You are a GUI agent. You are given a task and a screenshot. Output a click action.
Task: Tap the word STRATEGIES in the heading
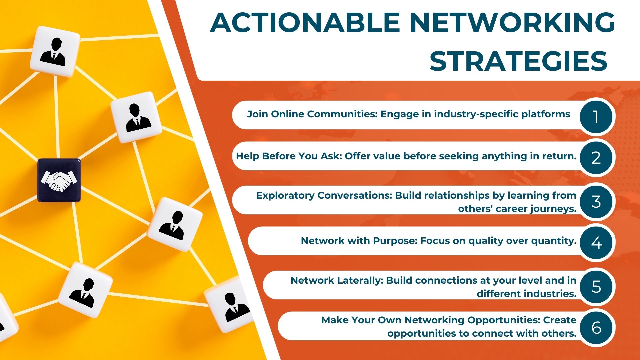pyautogui.click(x=519, y=61)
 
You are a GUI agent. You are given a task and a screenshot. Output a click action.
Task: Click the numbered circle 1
pyautogui.click(x=596, y=117)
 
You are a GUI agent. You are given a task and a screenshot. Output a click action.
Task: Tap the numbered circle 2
pyautogui.click(x=596, y=158)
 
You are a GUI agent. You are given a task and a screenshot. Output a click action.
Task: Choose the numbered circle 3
pyautogui.click(x=596, y=201)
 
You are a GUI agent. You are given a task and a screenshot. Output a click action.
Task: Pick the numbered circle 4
pyautogui.click(x=596, y=242)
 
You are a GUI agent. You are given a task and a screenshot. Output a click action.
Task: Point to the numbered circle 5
pyautogui.click(x=596, y=286)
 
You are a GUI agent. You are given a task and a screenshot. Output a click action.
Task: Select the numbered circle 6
pyautogui.click(x=596, y=327)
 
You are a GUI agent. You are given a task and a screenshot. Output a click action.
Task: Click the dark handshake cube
pyautogui.click(x=59, y=180)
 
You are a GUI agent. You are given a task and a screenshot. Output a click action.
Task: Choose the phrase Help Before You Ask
pyautogui.click(x=289, y=156)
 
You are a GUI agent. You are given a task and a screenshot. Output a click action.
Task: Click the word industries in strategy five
pyautogui.click(x=550, y=294)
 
